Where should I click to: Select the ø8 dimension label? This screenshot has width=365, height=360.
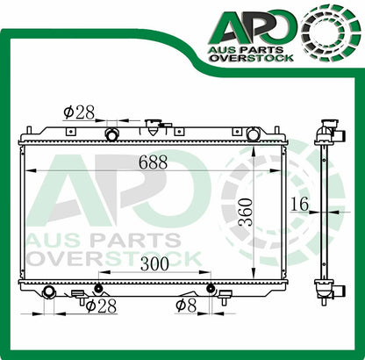coord(185,305)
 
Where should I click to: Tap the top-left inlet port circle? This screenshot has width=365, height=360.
coord(112,133)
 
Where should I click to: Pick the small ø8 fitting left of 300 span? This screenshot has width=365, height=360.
coord(98,288)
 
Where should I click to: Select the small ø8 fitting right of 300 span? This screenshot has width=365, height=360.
coord(211,288)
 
